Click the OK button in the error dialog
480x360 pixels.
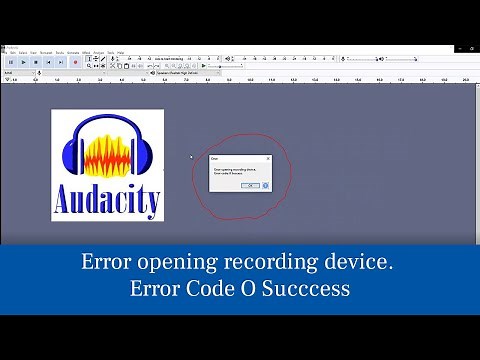click(x=251, y=185)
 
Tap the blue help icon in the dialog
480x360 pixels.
click(x=265, y=185)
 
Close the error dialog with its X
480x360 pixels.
click(x=268, y=158)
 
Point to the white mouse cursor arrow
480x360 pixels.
click(x=191, y=156)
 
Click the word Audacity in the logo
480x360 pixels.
click(x=107, y=200)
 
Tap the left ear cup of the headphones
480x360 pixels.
click(x=72, y=156)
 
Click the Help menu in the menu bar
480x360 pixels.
click(x=120, y=52)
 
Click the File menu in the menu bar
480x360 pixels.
click(x=5, y=52)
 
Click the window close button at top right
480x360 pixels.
click(x=472, y=46)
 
